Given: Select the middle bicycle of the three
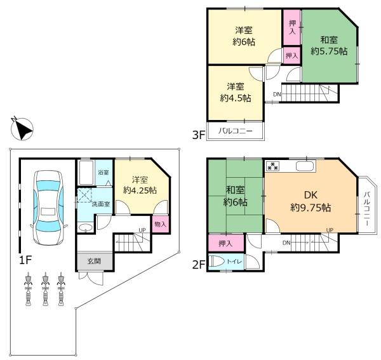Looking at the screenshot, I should tap(45, 289).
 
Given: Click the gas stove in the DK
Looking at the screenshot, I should tap(274, 167).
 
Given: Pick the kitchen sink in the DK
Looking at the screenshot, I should tap(304, 167).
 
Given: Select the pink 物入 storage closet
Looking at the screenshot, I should tap(160, 225).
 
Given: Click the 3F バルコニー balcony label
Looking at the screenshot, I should tap(236, 132).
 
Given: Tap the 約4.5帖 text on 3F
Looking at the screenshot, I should tap(235, 98).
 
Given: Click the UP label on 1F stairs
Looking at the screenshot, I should tap(144, 231).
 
